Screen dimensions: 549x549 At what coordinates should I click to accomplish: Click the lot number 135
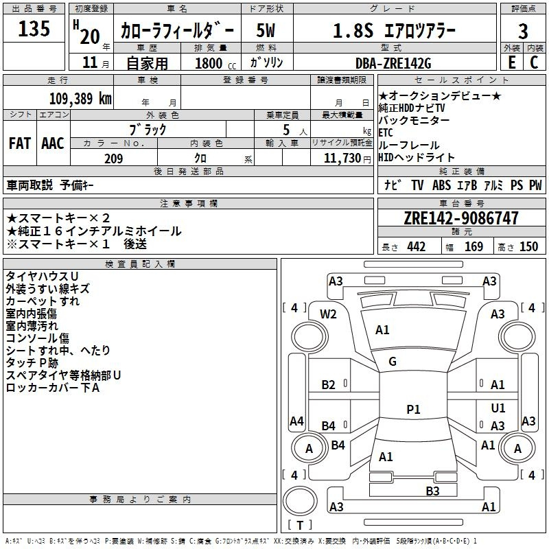[34, 28]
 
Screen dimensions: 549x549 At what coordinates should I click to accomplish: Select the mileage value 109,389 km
[80, 99]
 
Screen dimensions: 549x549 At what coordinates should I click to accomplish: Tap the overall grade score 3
[523, 32]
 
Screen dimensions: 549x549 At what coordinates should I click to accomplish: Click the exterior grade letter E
[511, 62]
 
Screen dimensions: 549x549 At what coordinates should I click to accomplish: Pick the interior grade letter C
[535, 62]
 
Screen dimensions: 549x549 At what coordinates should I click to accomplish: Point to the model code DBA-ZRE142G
[393, 63]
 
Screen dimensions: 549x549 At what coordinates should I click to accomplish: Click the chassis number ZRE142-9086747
[461, 218]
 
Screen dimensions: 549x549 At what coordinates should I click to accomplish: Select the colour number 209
[113, 159]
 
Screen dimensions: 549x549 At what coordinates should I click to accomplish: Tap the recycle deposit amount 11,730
[342, 159]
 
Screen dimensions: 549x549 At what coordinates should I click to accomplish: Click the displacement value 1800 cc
[215, 63]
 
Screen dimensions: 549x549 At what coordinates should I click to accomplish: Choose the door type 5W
[266, 30]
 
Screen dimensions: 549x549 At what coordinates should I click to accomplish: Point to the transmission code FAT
[20, 143]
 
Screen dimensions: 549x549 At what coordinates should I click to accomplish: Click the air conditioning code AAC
[53, 143]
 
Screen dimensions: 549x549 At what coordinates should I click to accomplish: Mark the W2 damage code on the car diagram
[328, 314]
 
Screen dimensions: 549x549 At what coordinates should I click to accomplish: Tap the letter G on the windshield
[393, 362]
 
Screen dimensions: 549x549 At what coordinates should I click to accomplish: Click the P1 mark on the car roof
[413, 409]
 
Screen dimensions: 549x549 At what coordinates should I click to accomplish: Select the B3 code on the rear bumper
[432, 491]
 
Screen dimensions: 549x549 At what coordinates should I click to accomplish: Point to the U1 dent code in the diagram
[498, 408]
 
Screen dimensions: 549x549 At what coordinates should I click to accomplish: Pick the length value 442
[417, 247]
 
